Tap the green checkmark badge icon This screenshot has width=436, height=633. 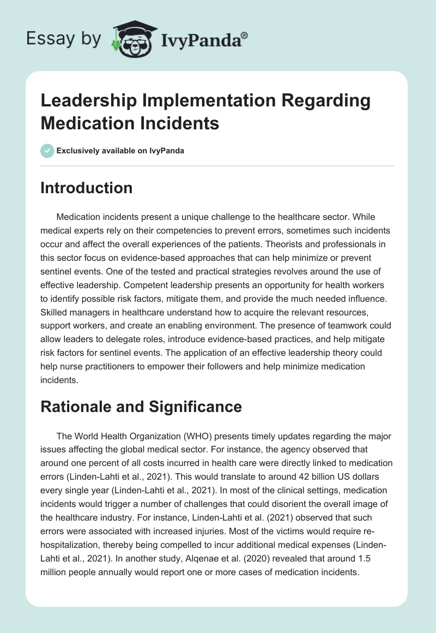47,151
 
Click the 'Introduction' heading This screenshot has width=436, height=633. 87,188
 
